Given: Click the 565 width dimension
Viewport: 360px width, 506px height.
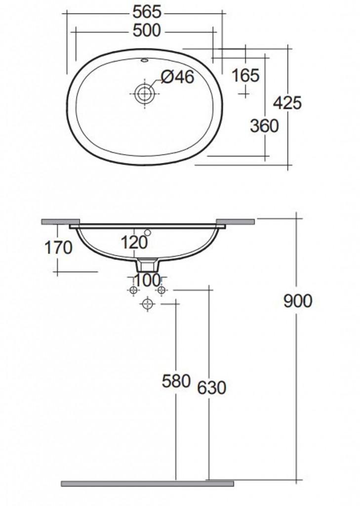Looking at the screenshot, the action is [x=147, y=12].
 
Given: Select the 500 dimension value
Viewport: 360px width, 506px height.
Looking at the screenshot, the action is [x=147, y=31].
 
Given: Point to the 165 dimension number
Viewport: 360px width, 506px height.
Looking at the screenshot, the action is [x=245, y=76].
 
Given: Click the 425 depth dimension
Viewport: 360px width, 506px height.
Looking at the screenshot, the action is [x=287, y=103].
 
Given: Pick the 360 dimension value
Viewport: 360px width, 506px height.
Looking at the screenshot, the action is [x=264, y=126].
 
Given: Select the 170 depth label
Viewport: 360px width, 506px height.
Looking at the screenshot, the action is [x=58, y=248].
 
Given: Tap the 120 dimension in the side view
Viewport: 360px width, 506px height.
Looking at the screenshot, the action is [x=134, y=242].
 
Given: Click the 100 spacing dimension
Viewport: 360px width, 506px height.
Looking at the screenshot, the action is [x=147, y=280].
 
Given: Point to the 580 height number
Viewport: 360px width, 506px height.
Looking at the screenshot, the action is [x=176, y=381].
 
